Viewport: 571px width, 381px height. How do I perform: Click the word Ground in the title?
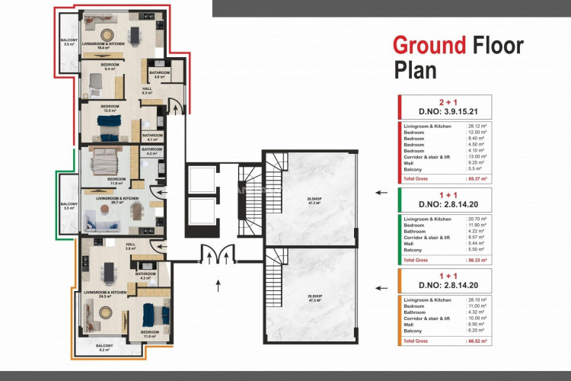429,45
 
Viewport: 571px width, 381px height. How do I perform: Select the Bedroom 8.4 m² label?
110,67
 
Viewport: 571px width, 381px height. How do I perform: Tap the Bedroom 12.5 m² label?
110,108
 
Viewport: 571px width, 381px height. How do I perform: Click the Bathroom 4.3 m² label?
145,275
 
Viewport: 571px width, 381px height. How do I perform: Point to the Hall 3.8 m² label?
130,246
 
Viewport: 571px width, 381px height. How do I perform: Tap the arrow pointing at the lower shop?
378,287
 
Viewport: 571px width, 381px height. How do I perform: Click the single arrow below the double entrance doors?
219,287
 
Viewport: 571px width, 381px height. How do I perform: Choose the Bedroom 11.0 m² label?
150,333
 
